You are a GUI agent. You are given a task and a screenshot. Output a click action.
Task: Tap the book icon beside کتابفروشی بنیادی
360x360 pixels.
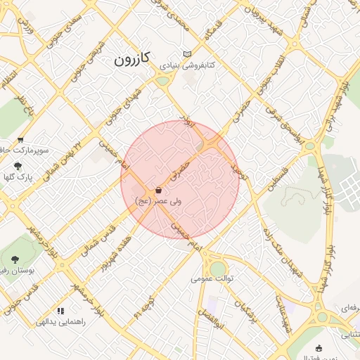point(186,54)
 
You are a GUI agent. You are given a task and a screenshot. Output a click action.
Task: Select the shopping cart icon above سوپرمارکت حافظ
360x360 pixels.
point(20,139)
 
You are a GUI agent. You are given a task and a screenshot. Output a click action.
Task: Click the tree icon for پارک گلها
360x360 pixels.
point(18,165)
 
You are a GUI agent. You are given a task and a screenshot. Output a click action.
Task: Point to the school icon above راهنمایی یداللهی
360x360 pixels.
point(61,310)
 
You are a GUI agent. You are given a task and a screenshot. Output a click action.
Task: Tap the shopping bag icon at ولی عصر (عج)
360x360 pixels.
point(159,190)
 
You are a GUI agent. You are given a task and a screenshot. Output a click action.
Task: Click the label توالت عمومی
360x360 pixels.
point(212,278)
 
